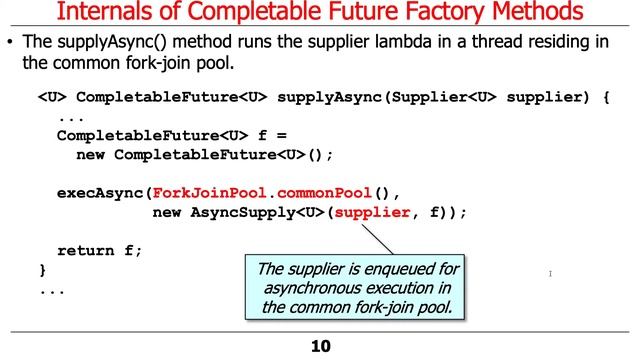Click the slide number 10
[320, 347]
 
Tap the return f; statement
[100, 250]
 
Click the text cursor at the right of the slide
[551, 273]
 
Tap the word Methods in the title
[537, 14]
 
